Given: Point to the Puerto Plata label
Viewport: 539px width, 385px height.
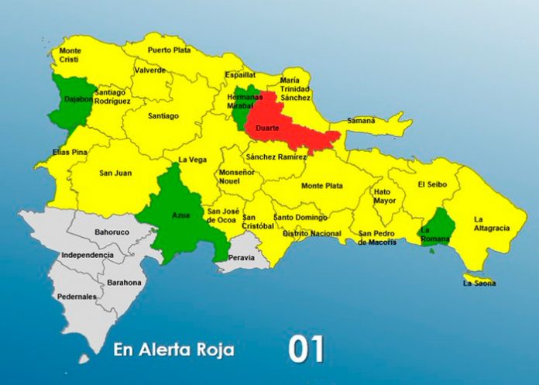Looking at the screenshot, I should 169,50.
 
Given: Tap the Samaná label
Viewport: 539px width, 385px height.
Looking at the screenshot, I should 361,121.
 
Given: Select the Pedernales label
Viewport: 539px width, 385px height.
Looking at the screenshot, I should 77,297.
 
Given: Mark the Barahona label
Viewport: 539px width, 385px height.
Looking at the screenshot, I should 125,283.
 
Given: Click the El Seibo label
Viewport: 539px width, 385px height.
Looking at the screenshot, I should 431,184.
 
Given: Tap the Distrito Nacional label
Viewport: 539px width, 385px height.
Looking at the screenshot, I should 312,233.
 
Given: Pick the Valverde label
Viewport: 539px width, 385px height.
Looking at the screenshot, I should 149,70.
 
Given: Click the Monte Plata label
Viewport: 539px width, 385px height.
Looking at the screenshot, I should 322,186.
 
